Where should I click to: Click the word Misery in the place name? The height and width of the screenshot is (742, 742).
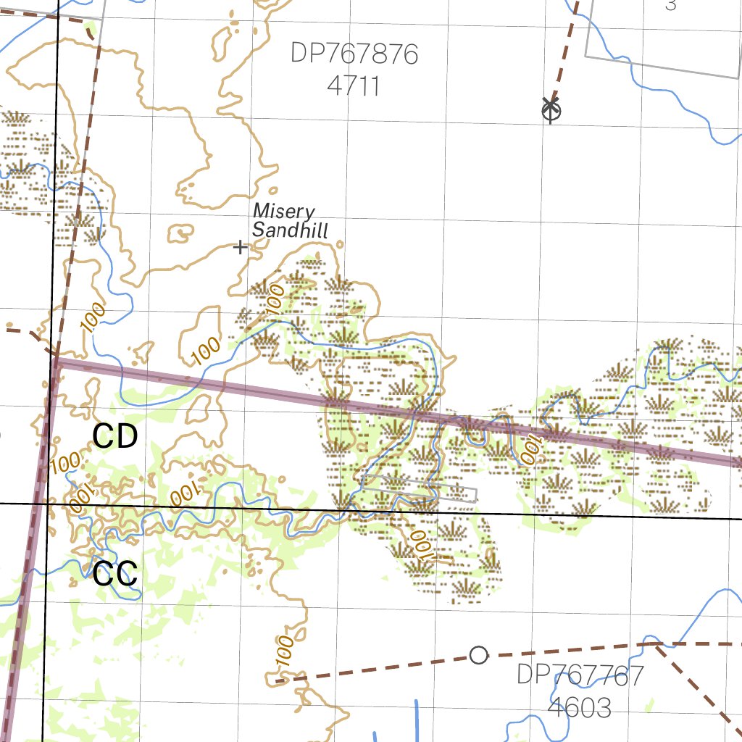[284, 212]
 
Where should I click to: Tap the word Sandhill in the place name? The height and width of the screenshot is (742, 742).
[291, 230]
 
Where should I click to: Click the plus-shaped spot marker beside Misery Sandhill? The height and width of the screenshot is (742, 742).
[241, 248]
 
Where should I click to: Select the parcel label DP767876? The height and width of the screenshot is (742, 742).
[354, 54]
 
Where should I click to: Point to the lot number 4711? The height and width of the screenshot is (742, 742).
[354, 86]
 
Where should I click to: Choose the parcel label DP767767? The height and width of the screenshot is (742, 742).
[580, 675]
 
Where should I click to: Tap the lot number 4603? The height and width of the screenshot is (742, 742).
[580, 707]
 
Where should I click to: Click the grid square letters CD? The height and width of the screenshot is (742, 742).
[115, 436]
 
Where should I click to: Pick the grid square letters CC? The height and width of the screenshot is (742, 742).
[115, 574]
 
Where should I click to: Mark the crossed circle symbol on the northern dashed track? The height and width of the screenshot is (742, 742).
[551, 109]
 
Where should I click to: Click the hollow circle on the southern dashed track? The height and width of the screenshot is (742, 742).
[478, 655]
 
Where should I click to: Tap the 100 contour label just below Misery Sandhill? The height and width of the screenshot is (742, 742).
[275, 300]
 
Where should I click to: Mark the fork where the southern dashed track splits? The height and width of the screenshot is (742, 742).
[654, 643]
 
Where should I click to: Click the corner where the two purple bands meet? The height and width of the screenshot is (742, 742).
[55, 362]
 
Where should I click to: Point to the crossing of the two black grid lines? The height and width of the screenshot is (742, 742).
[46, 502]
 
